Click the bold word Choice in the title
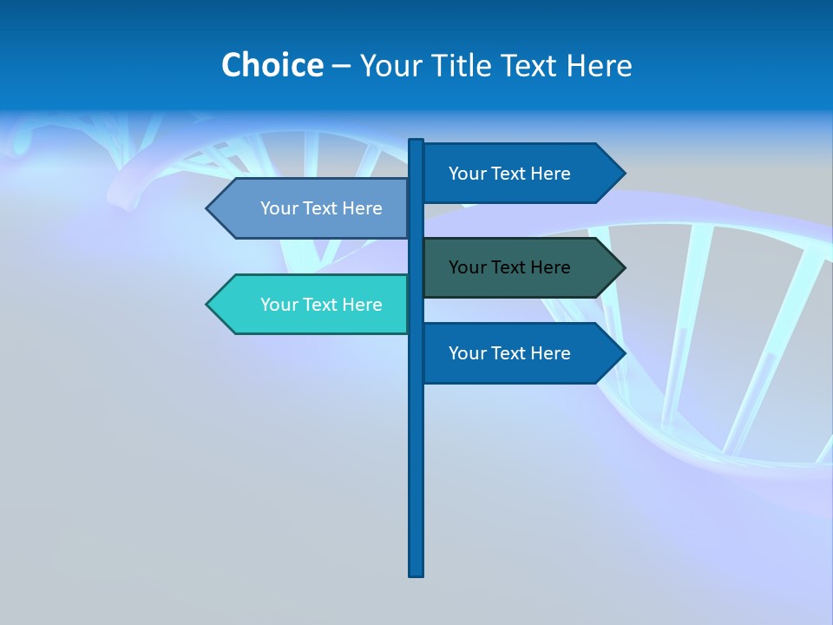pyautogui.click(x=272, y=65)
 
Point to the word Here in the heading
pyautogui.click(x=599, y=66)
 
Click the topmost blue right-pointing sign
pyautogui.click(x=521, y=174)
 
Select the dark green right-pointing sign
pyautogui.click(x=521, y=267)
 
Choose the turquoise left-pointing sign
pyautogui.click(x=312, y=305)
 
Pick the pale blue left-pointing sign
pyautogui.click(x=312, y=208)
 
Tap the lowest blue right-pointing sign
pyautogui.click(x=521, y=353)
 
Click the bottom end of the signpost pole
pyautogui.click(x=416, y=573)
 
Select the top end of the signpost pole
pyautogui.click(x=416, y=142)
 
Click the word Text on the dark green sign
pyautogui.click(x=509, y=267)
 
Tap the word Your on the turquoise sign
pyautogui.click(x=279, y=305)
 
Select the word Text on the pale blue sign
pyautogui.click(x=321, y=208)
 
